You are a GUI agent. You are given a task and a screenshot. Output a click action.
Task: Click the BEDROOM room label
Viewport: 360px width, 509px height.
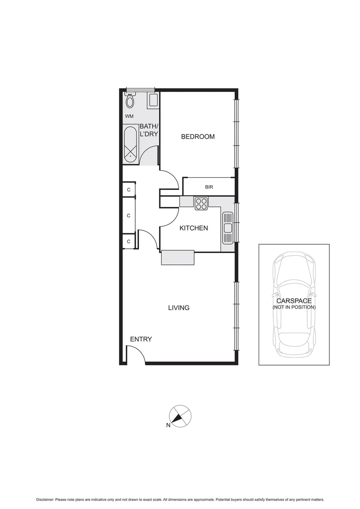(198, 137)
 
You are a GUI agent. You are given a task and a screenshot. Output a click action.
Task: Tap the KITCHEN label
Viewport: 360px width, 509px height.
(193, 228)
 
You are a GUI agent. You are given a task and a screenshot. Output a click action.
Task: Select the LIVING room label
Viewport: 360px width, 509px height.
(179, 308)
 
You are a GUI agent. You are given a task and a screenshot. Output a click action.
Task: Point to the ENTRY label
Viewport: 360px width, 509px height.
(141, 339)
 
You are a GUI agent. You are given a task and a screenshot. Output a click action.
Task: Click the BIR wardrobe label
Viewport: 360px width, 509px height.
(209, 187)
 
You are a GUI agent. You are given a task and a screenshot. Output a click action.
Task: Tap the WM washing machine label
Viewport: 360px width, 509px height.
(129, 116)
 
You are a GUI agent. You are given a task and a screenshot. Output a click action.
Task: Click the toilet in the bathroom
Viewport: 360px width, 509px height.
(130, 100)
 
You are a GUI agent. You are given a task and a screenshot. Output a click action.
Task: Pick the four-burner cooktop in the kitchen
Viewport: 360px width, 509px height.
(201, 204)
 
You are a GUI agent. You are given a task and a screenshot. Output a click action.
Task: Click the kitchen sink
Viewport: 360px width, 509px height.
(228, 228)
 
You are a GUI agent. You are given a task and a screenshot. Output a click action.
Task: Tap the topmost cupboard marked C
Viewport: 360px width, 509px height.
(129, 190)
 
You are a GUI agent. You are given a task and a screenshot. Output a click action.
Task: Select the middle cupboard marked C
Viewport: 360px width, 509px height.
(129, 216)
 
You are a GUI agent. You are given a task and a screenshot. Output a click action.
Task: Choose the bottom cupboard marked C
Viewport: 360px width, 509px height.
(129, 242)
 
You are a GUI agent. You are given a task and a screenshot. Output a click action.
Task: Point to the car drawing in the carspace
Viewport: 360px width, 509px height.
(294, 304)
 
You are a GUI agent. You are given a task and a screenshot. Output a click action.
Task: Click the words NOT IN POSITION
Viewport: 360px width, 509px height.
(294, 307)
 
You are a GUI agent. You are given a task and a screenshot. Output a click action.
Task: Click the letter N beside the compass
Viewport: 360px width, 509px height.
(168, 426)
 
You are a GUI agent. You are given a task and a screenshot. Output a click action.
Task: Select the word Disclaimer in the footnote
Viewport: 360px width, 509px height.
(45, 499)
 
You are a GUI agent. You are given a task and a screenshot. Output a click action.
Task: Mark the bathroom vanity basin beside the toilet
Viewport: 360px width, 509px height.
(153, 100)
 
